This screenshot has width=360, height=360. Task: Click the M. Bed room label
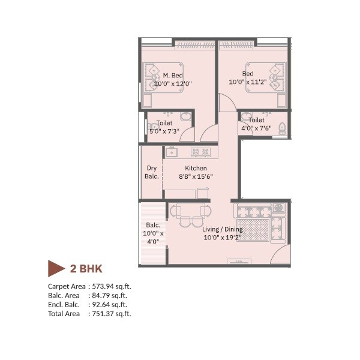click(173, 76)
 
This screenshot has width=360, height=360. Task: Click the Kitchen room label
click(196, 168)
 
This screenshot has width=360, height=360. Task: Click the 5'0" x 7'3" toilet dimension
click(164, 131)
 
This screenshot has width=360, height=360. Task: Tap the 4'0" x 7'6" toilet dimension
click(256, 128)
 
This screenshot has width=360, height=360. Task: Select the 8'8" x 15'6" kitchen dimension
click(196, 176)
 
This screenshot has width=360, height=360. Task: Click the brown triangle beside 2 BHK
click(56, 268)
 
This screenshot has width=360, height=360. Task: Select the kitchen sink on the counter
click(171, 152)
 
